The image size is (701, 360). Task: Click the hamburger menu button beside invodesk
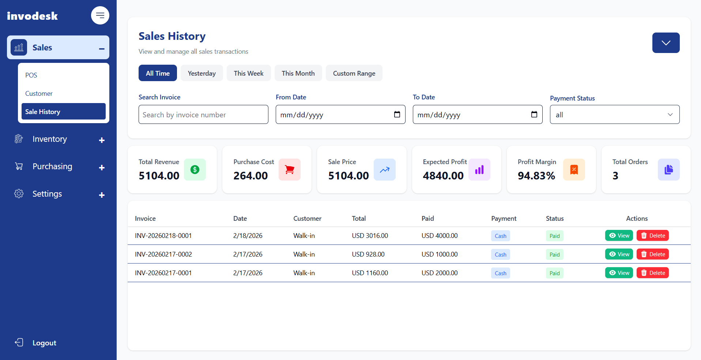pos(100,15)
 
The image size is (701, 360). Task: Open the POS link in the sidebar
pos(31,75)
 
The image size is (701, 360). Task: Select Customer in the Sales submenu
pos(39,94)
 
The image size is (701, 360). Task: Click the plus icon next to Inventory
pos(102,140)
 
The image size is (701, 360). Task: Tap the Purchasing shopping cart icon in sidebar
pos(19,166)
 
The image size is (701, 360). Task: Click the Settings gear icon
pos(19,194)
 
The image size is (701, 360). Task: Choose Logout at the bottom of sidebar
pos(44,343)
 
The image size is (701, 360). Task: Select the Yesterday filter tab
pos(201,73)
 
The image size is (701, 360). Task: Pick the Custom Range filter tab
pos(354,73)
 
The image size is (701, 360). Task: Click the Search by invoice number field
pos(203,115)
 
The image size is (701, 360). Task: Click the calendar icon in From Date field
pos(397,114)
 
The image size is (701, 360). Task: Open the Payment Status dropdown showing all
pos(614,115)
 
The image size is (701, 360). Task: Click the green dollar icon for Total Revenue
pos(195,170)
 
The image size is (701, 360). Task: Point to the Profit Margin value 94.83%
pos(536,176)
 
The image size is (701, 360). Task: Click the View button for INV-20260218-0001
pos(619,236)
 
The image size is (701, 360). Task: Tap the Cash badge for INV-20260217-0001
pos(500,273)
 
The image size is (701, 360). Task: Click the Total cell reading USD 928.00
pos(368,254)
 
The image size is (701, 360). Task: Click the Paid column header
pos(427,219)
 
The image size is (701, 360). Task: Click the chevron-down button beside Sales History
pos(666,43)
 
